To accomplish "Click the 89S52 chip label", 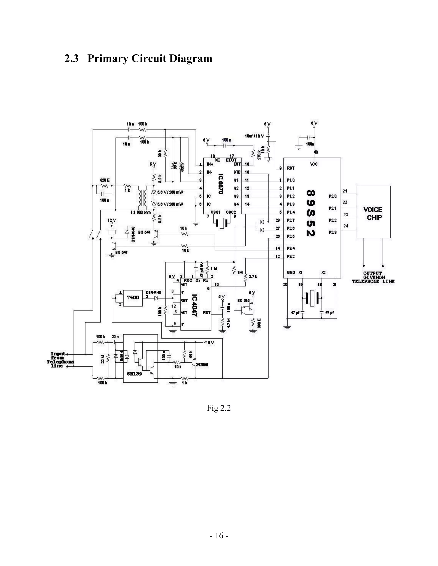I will (310, 213).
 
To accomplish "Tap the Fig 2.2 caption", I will (219, 408).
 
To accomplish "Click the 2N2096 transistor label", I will (202, 365).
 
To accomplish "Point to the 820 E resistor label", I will (105, 180).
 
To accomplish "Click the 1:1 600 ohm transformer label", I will (140, 213).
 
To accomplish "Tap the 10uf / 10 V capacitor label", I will (254, 136).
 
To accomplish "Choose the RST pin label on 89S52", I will (291, 168).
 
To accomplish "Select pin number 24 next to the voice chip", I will (346, 226).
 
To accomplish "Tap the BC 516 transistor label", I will (243, 301).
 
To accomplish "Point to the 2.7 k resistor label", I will (253, 277).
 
